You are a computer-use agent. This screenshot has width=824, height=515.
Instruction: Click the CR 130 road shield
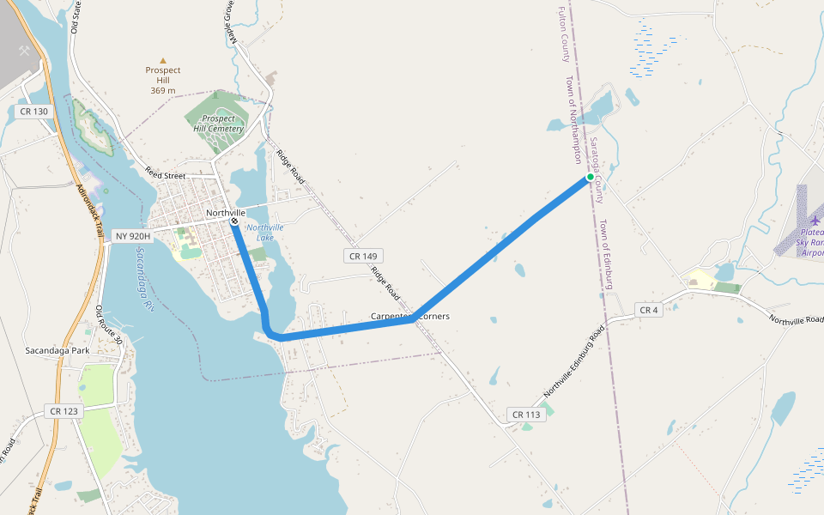click(33, 112)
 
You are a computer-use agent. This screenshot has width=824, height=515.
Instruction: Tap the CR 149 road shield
click(362, 256)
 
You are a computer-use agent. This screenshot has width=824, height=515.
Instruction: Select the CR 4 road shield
click(649, 310)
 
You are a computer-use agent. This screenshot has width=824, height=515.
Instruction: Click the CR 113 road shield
click(526, 415)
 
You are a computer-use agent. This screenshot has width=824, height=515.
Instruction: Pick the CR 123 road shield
click(64, 411)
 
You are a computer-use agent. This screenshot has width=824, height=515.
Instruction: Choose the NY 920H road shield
click(132, 236)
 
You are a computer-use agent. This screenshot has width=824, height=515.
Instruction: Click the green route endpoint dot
click(590, 178)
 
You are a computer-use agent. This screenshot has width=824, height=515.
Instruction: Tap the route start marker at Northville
click(234, 221)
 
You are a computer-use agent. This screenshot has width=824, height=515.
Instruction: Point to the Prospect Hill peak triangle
click(162, 60)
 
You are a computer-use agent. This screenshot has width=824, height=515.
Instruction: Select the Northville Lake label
click(264, 232)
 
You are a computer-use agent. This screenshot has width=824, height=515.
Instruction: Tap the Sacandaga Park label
click(58, 350)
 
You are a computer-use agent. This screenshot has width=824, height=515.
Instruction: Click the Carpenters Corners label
click(410, 316)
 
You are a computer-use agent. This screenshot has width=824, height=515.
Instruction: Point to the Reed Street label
click(165, 175)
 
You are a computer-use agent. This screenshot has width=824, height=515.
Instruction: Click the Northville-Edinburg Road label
click(574, 361)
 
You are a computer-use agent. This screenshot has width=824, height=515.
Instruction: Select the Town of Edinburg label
click(605, 254)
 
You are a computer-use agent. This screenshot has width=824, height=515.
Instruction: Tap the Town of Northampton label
click(573, 118)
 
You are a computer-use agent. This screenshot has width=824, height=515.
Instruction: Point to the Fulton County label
click(564, 34)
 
